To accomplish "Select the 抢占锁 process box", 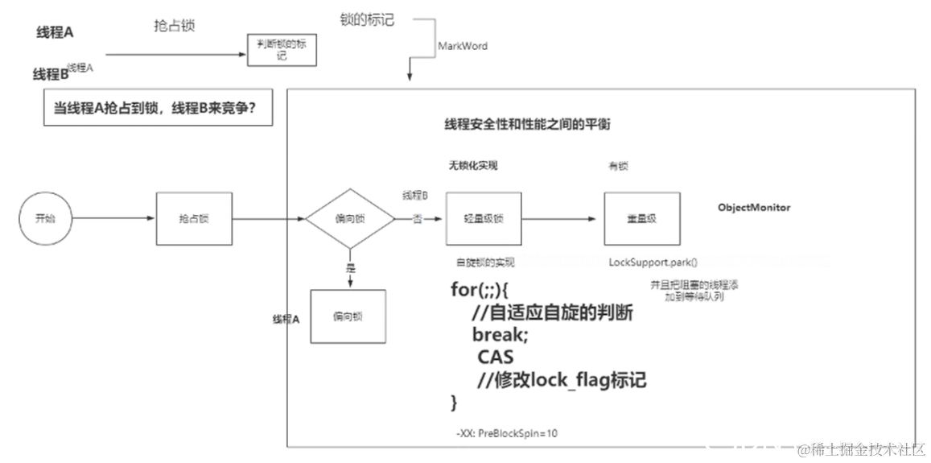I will (x=193, y=218).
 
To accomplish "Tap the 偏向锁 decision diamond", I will (x=350, y=218).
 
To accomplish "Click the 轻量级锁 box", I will (x=484, y=218).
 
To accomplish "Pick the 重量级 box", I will (x=641, y=218).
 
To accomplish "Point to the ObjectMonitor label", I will (x=753, y=208).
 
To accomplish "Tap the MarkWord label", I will (x=462, y=46).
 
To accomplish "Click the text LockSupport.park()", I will (x=653, y=263).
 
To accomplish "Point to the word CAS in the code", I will (x=495, y=357).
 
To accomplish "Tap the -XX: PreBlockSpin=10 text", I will (x=507, y=433).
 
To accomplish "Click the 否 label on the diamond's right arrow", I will (x=418, y=219).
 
